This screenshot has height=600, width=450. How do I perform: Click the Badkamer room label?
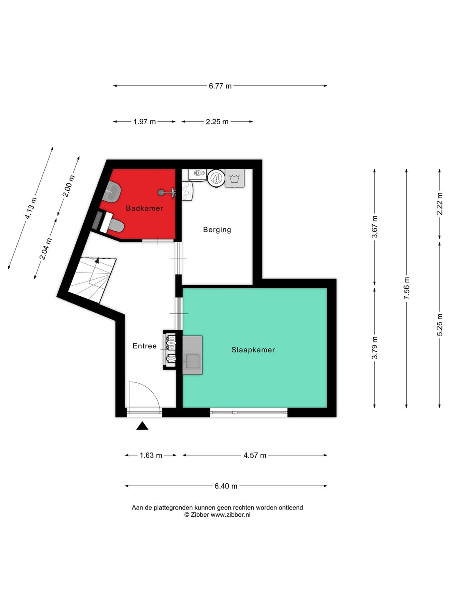(x=144, y=208)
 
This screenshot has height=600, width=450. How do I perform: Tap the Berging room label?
(x=217, y=230)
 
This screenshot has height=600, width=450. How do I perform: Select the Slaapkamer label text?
(x=253, y=350)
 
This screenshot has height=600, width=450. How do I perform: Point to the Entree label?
(x=144, y=346)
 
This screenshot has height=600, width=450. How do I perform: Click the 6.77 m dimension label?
(x=220, y=86)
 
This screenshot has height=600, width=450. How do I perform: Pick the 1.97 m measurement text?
(x=144, y=122)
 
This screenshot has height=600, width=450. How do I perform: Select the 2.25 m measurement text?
(x=217, y=122)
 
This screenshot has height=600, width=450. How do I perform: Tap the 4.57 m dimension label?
(x=255, y=455)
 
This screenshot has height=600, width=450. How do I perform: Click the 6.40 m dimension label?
(x=226, y=486)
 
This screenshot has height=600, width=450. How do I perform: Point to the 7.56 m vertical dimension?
(x=407, y=288)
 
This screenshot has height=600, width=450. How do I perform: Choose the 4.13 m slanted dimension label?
(x=31, y=208)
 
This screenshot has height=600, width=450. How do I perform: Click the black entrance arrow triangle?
(x=142, y=426)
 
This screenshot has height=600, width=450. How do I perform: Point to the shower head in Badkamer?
(x=161, y=192)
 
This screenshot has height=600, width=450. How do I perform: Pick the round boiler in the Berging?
(x=216, y=178)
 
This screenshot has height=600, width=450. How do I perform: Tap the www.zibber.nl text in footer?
(x=230, y=515)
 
